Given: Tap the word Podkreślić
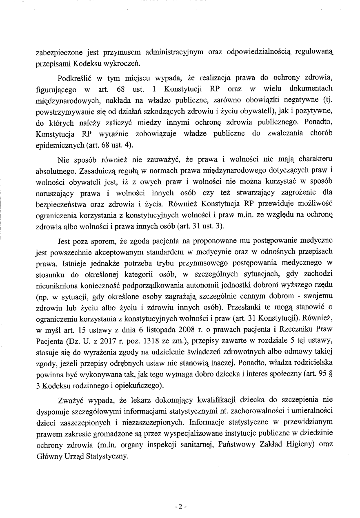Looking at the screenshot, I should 76,78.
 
